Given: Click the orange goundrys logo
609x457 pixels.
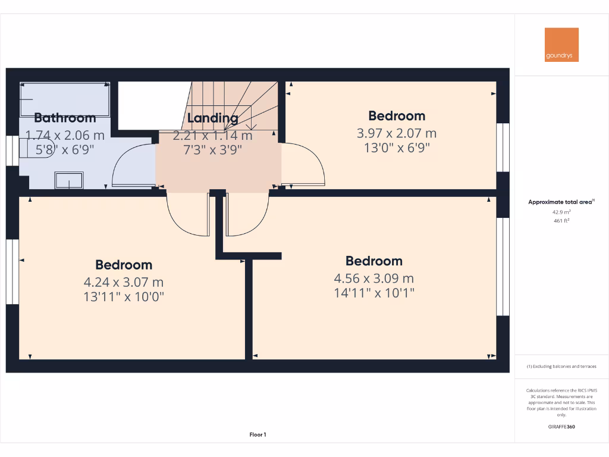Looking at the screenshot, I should pyautogui.click(x=561, y=45).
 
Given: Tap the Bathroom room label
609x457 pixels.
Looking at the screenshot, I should pyautogui.click(x=65, y=118).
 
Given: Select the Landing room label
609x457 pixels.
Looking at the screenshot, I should pyautogui.click(x=212, y=118).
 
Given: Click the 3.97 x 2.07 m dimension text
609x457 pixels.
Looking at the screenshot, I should pyautogui.click(x=397, y=133).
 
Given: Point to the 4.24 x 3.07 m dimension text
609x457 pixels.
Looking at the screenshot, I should pyautogui.click(x=124, y=282).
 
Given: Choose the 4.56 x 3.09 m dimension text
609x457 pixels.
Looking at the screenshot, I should pyautogui.click(x=374, y=278).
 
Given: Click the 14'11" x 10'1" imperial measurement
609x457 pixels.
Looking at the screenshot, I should pyautogui.click(x=374, y=293).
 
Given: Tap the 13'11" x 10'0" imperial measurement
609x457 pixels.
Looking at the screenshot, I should pyautogui.click(x=124, y=296).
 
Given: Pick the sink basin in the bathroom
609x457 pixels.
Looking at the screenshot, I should pyautogui.click(x=69, y=180).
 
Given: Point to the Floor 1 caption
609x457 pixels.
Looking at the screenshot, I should pyautogui.click(x=258, y=435).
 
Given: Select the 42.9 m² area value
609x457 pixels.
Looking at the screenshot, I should pyautogui.click(x=561, y=212).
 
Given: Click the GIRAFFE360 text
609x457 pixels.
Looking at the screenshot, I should pyautogui.click(x=561, y=427).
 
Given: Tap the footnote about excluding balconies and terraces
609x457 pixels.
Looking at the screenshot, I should pyautogui.click(x=561, y=367).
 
